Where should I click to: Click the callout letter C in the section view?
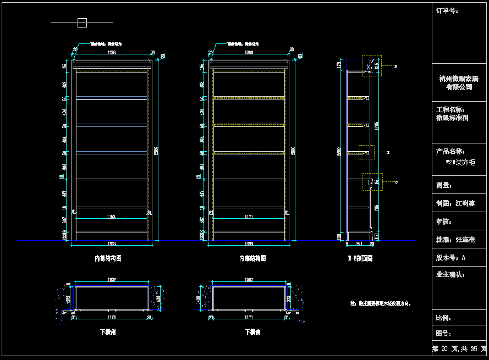[397, 182]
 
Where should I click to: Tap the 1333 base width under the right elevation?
[249, 243]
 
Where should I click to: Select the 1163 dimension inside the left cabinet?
[112, 217]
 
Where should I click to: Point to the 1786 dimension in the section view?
[376, 125]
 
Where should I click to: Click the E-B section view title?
[360, 258]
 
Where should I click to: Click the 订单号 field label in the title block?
[447, 10]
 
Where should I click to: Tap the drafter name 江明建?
[465, 203]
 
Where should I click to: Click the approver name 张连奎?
[465, 240]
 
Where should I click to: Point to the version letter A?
[464, 257]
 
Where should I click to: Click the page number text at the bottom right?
[459, 349]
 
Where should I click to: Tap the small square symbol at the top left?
[82, 23]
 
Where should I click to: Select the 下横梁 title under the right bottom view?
[252, 332]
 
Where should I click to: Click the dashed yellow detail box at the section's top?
[371, 65]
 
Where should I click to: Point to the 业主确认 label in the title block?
[450, 274]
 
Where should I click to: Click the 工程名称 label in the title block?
[450, 110]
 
